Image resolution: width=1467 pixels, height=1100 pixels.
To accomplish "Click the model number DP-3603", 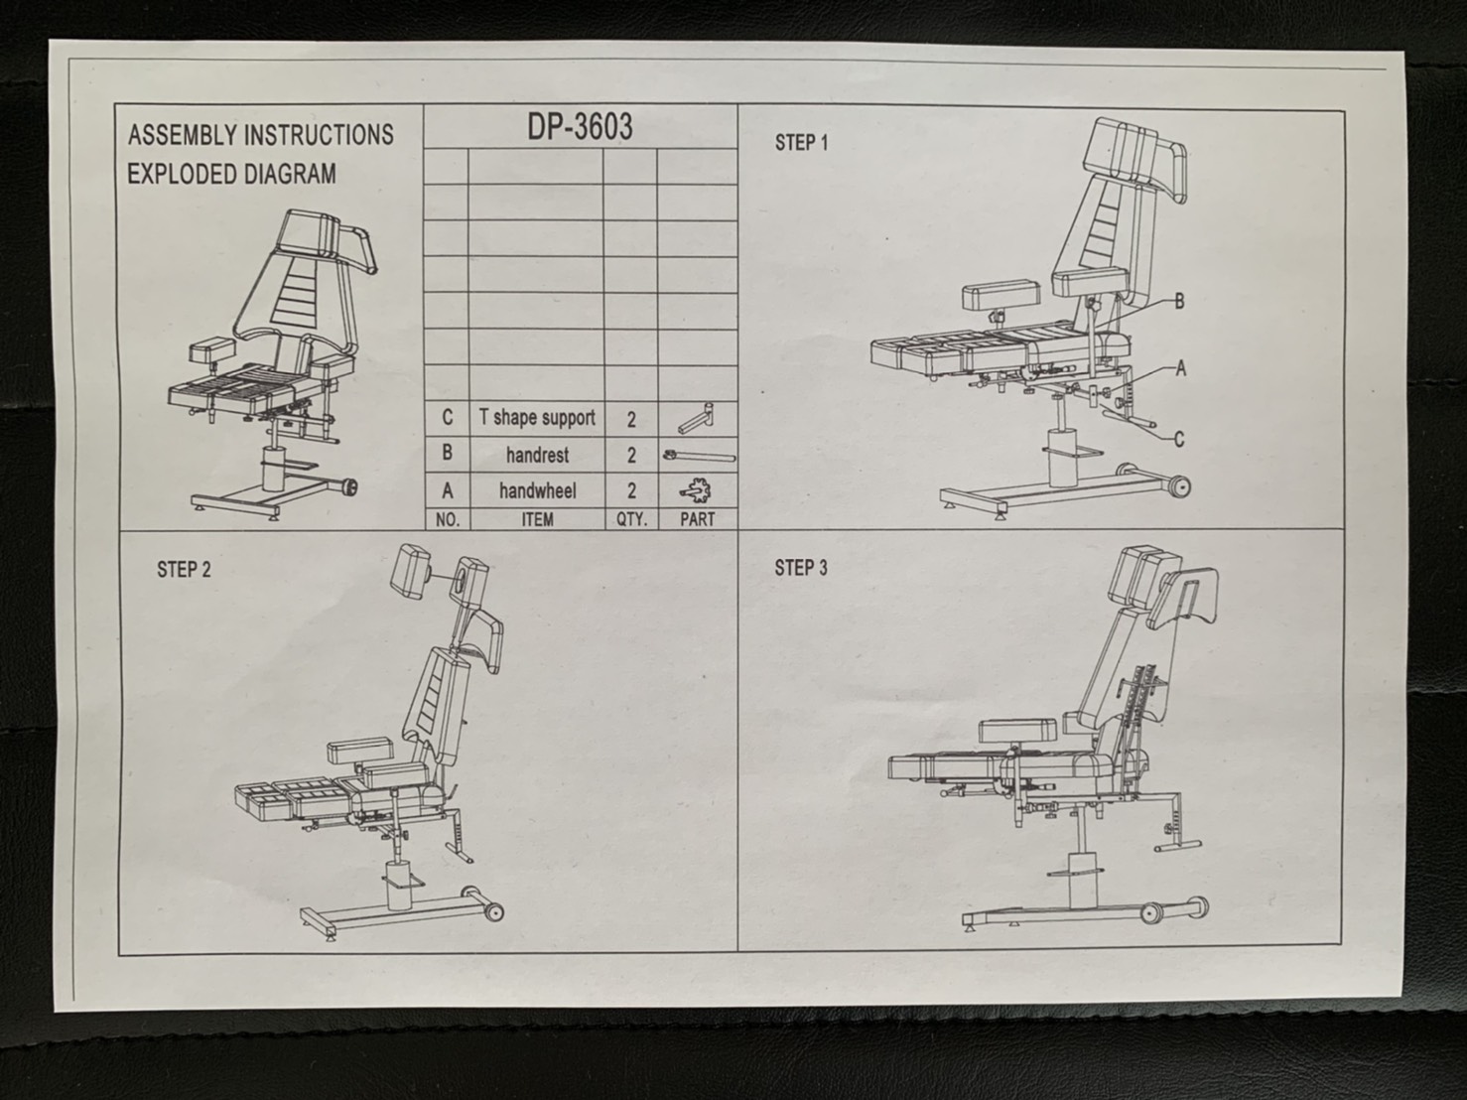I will tap(580, 127).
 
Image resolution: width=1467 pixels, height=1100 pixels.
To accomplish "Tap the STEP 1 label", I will tap(801, 143).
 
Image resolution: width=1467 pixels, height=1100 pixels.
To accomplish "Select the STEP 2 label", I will tap(184, 570).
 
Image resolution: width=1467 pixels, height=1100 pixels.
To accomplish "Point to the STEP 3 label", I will tap(801, 568).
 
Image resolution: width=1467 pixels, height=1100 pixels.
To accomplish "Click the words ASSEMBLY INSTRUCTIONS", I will tap(261, 135).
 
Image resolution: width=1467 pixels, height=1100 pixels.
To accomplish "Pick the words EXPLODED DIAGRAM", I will tap(231, 175).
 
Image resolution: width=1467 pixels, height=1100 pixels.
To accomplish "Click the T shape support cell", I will tap(537, 418).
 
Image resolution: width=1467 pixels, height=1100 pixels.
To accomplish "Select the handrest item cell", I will tap(537, 456).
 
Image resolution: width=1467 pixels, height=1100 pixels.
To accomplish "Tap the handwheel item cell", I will tap(537, 490).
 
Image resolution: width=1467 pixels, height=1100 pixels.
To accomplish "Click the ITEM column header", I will tap(537, 518).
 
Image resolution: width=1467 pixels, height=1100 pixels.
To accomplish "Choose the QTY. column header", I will tap(631, 518).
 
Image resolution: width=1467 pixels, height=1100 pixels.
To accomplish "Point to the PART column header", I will tap(697, 518).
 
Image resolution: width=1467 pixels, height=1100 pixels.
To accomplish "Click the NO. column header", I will tap(448, 518).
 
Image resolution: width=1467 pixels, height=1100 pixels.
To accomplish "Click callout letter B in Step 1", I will tap(1179, 301).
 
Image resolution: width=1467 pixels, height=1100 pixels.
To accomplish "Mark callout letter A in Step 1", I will tap(1180, 368).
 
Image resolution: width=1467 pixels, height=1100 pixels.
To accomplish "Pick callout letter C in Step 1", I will tap(1179, 440).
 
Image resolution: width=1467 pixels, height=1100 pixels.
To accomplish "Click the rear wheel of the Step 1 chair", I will tap(1177, 486).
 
